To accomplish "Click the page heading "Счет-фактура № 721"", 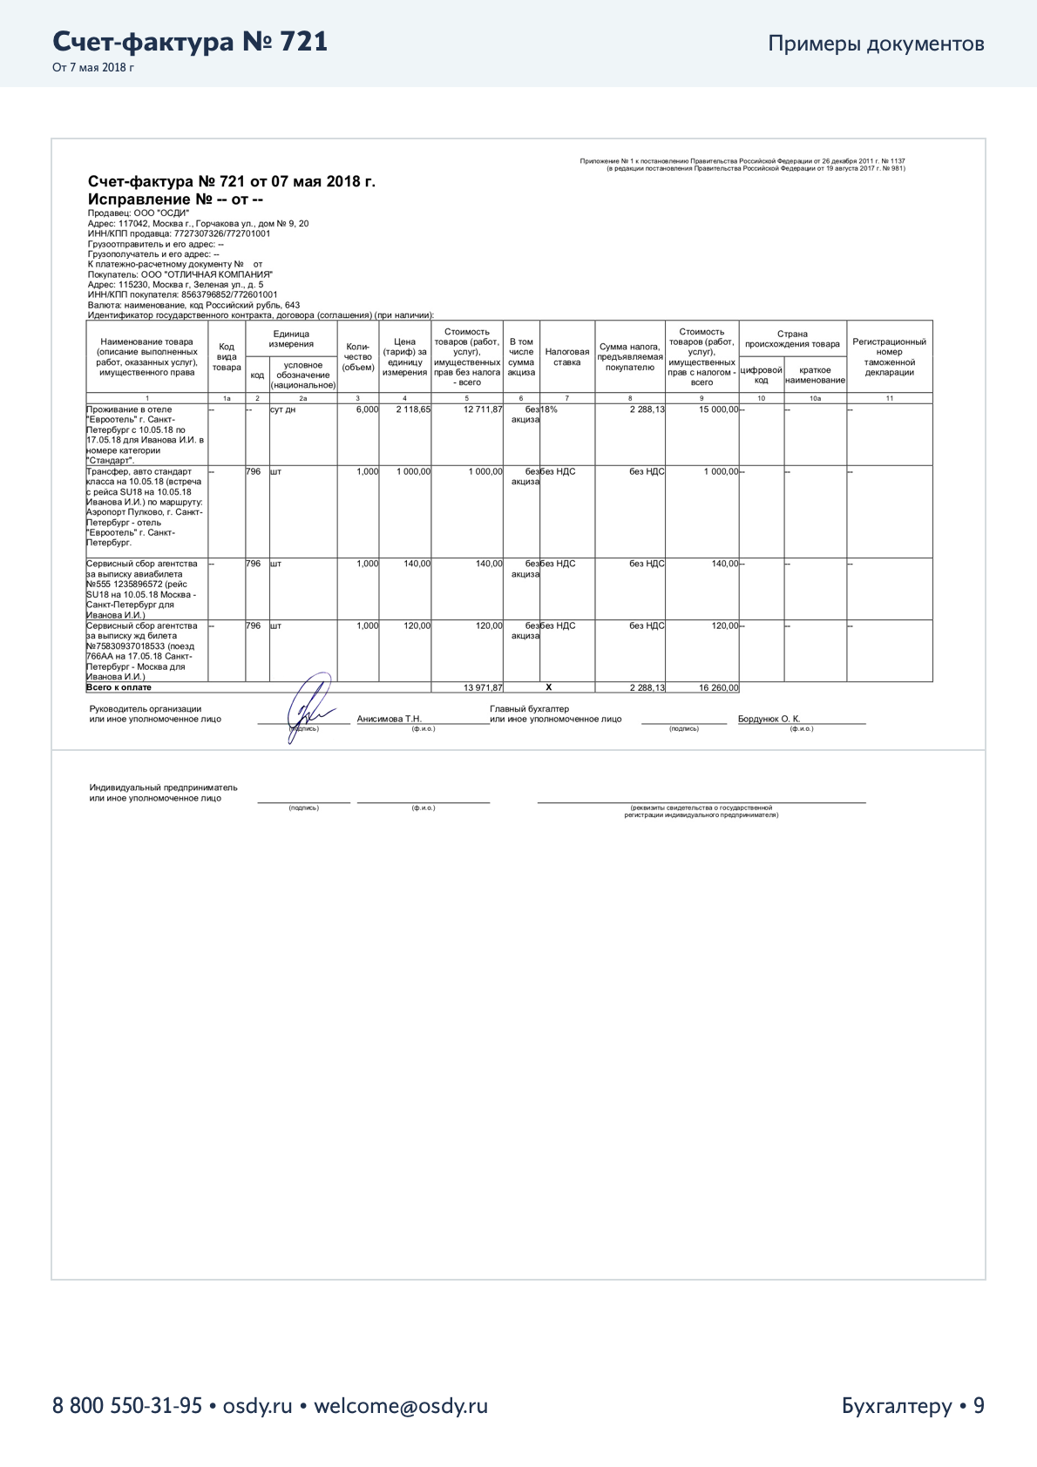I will tap(190, 42).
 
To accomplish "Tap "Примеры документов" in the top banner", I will tap(876, 44).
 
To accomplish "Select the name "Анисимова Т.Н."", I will tap(389, 719).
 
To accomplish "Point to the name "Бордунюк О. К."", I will tap(769, 719).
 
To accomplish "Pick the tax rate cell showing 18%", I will tap(549, 409).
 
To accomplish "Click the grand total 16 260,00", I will tap(718, 687).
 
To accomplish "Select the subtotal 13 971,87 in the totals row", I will tap(483, 687).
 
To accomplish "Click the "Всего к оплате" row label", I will tap(119, 687).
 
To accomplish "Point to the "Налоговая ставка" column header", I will tap(566, 357).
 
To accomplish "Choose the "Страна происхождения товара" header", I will tap(792, 339).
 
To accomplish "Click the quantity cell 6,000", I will tap(367, 409).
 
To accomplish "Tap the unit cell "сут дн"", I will tap(282, 409).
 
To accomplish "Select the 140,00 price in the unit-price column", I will tap(417, 564).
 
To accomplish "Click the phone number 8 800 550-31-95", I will tap(127, 1405).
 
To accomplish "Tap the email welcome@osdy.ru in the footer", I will tap(400, 1405).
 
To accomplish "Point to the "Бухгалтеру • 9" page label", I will tap(912, 1405).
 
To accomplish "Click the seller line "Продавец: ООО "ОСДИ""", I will tap(139, 213).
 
